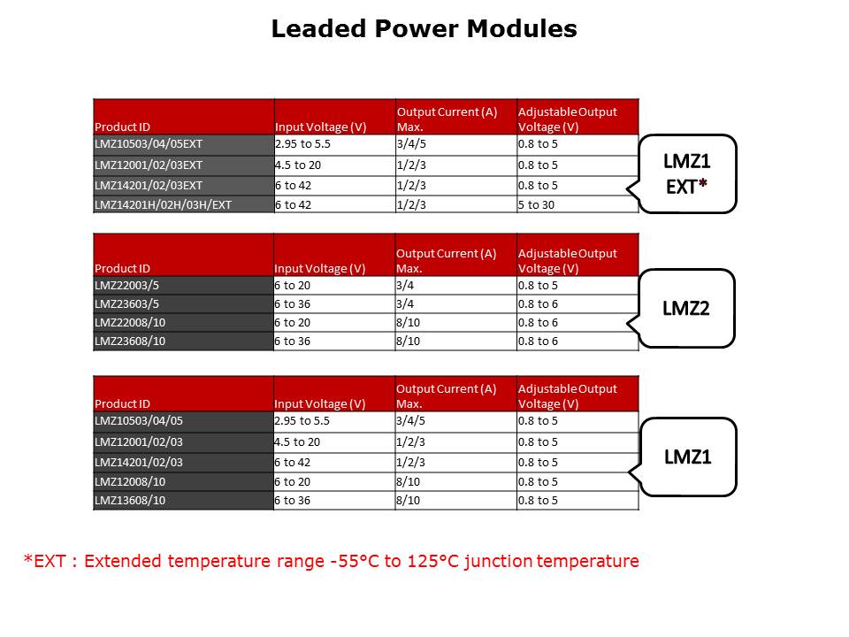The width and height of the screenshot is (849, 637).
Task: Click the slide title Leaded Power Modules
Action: pos(424,28)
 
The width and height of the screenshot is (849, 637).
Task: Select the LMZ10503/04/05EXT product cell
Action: pos(184,144)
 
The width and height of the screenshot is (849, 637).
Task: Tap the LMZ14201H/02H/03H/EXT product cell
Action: pos(184,204)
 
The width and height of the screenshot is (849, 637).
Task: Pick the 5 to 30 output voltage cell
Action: pos(577,204)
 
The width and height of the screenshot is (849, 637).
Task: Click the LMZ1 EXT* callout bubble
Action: pos(686,174)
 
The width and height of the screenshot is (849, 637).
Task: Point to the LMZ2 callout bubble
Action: pos(685,308)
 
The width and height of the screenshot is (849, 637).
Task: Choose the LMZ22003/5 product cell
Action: pos(184,286)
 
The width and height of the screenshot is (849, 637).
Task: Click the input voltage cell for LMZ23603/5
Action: pos(334,303)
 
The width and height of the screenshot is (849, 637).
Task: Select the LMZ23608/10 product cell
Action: pos(184,342)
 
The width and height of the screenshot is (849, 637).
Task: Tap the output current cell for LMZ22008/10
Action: pos(456,322)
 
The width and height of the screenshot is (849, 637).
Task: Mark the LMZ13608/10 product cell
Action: pos(184,501)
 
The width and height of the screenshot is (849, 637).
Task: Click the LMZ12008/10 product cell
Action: pos(184,481)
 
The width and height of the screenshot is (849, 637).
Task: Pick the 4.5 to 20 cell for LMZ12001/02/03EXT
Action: pos(334,165)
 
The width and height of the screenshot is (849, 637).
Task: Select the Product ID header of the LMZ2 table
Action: pos(184,255)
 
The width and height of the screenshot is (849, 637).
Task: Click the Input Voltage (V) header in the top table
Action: pos(334,117)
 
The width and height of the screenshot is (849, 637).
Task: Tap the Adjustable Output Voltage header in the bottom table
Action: pos(577,394)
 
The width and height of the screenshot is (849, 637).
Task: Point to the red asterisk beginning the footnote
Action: pos(28,558)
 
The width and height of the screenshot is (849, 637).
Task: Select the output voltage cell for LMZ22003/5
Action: pos(577,286)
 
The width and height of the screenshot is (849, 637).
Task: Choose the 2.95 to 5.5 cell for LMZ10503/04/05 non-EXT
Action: pos(334,421)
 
